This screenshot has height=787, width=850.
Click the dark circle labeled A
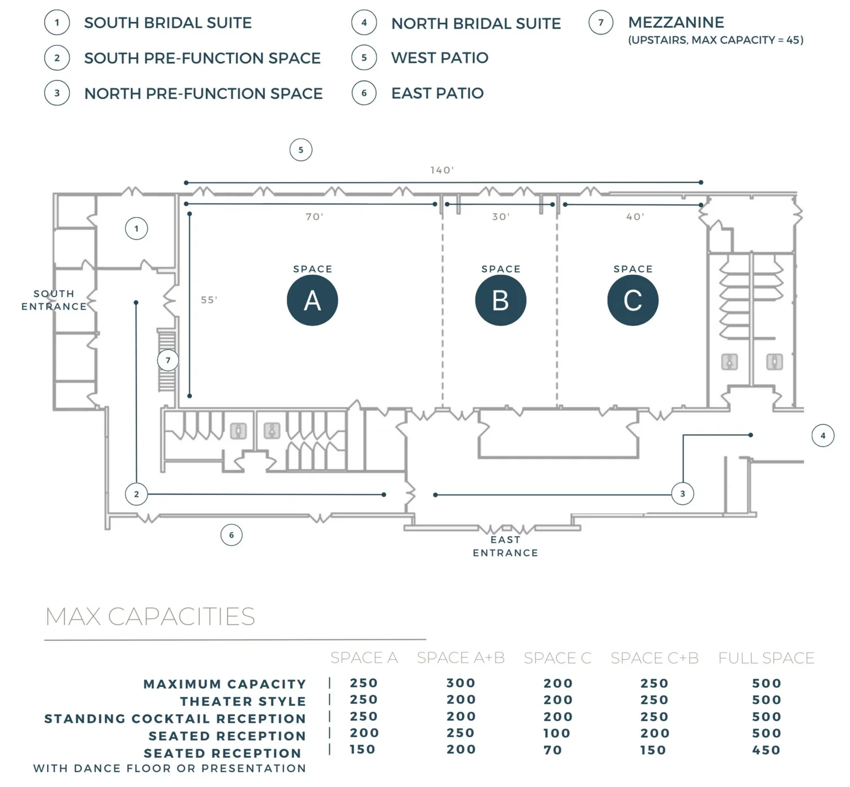click(x=312, y=300)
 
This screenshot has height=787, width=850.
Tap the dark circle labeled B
click(x=500, y=300)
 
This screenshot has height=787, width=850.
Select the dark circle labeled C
click(x=632, y=300)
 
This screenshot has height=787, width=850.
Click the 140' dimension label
click(x=442, y=170)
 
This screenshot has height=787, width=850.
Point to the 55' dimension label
click(x=209, y=300)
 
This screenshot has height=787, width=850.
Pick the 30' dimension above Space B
click(x=501, y=216)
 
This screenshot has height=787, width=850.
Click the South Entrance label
click(x=54, y=300)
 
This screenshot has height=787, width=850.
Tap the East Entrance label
click(x=505, y=546)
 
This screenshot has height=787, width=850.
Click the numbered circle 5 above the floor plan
click(x=301, y=150)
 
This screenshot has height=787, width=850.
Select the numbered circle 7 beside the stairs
click(x=168, y=360)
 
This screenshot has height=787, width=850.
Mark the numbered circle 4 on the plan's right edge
click(x=823, y=436)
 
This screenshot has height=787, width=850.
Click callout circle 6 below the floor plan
click(x=231, y=535)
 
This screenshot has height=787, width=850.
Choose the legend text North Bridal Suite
click(x=476, y=23)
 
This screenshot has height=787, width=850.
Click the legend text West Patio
click(x=440, y=58)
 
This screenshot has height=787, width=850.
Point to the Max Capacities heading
click(x=150, y=616)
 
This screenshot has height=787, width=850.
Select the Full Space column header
click(x=766, y=658)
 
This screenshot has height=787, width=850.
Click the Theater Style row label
click(x=243, y=701)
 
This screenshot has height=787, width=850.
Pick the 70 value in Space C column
click(x=553, y=750)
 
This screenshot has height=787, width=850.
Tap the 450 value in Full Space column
click(x=766, y=750)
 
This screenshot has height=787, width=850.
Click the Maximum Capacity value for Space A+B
click(x=461, y=683)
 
